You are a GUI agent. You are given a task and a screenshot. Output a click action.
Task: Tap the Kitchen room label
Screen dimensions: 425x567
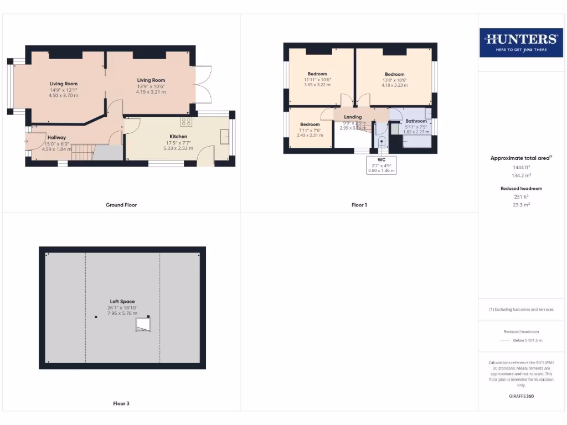(178, 136)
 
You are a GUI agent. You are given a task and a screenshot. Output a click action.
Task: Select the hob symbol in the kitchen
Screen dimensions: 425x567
(186, 122)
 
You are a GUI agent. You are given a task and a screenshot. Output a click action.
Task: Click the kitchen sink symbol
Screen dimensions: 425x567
(225, 136)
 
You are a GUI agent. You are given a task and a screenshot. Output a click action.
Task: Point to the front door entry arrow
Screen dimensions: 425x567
(25, 142)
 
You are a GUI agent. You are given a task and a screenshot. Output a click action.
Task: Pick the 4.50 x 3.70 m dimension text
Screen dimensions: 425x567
(63, 95)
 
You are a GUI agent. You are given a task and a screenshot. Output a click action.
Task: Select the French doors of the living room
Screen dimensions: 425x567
(203, 85)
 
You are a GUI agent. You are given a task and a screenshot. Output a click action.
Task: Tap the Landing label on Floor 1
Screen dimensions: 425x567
(353, 117)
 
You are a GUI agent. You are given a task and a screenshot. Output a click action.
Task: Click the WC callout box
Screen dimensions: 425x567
(382, 165)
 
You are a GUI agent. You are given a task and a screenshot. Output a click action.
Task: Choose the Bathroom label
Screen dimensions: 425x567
(416, 121)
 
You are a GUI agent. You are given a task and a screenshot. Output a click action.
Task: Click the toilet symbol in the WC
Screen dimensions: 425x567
(381, 141)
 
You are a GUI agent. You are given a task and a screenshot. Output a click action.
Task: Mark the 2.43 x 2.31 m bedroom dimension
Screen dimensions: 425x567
(310, 135)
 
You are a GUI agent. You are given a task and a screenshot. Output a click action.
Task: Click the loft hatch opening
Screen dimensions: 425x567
(143, 324)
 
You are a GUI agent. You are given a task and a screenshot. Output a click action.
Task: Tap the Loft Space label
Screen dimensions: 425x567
(122, 302)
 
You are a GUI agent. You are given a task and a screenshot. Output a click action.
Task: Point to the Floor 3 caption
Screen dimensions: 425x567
(121, 403)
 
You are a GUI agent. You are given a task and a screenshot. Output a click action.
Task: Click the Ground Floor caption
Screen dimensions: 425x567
(121, 205)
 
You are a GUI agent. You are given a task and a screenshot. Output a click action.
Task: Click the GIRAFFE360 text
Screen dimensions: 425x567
(520, 396)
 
